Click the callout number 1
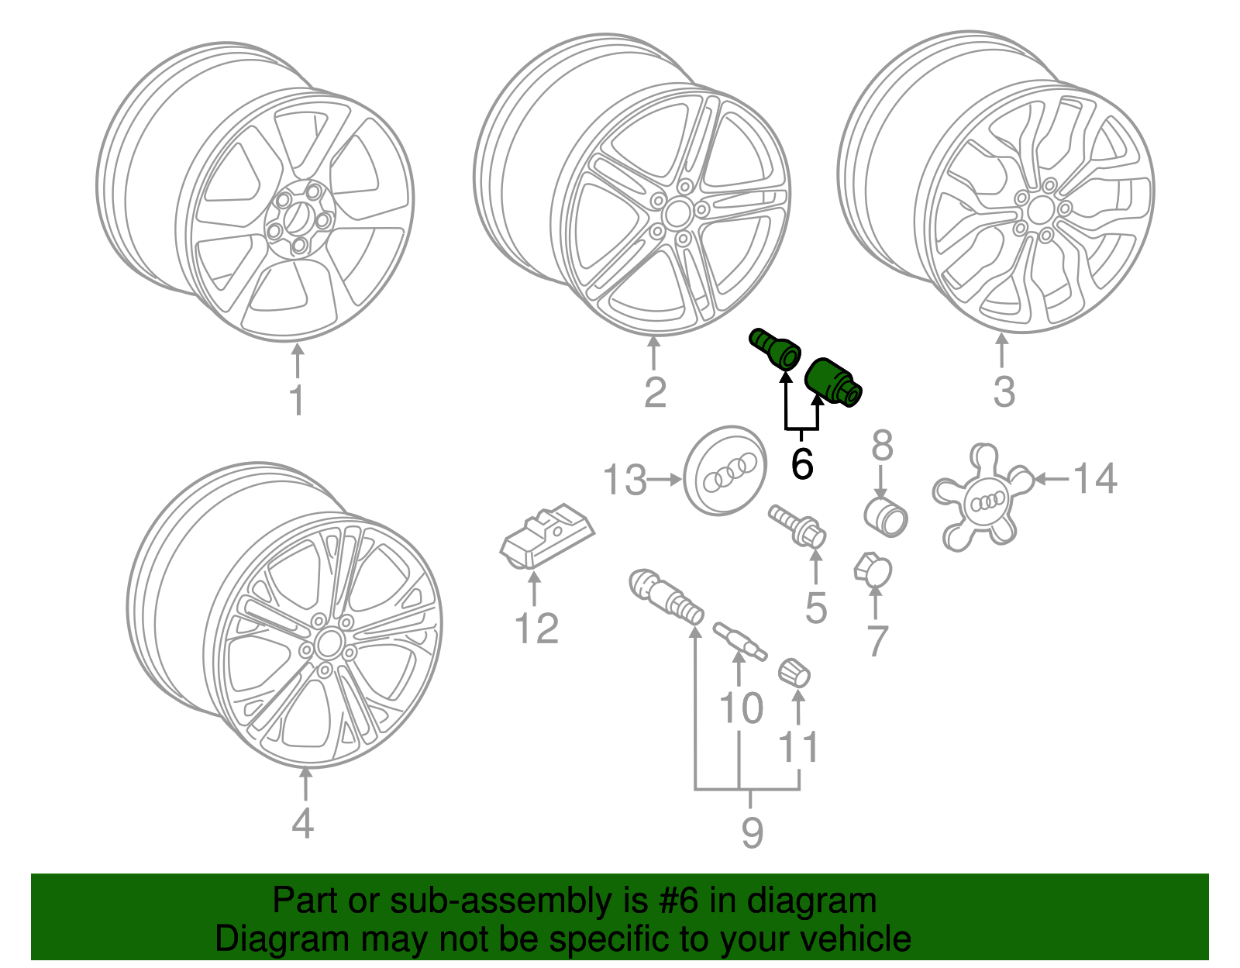(297, 401)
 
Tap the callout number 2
(655, 393)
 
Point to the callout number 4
(303, 823)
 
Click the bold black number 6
(802, 464)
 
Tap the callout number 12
(536, 629)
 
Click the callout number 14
(1095, 478)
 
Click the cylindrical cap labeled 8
(886, 516)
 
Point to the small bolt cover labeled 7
(873, 571)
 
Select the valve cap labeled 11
(794, 671)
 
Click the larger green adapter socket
(832, 382)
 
